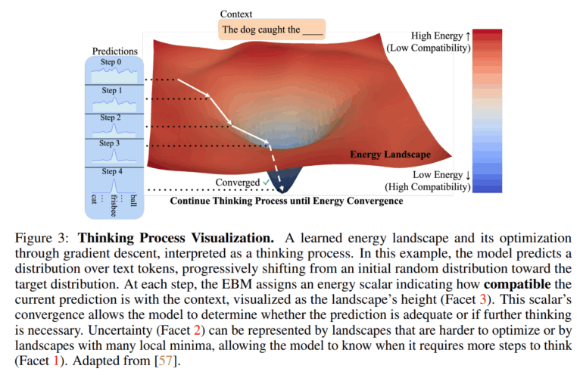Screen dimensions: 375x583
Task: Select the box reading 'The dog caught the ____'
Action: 271,31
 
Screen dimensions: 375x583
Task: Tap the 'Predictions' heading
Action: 115,52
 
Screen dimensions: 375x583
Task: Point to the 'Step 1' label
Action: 111,91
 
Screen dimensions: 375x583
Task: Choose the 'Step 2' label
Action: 111,118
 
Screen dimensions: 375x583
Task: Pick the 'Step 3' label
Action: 111,143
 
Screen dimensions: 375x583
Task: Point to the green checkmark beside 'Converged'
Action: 266,183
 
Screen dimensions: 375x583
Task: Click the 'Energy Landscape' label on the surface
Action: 390,155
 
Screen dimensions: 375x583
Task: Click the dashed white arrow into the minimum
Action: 277,165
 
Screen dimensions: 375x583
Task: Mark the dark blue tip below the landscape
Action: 288,188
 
